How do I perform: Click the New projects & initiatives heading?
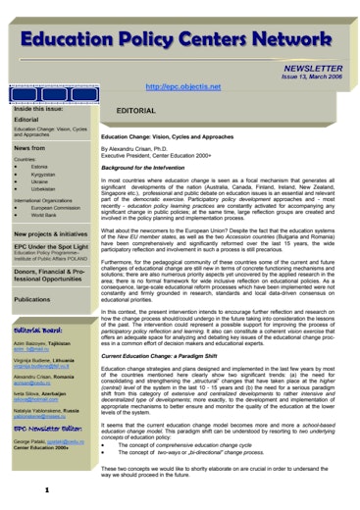tap(52, 234)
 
